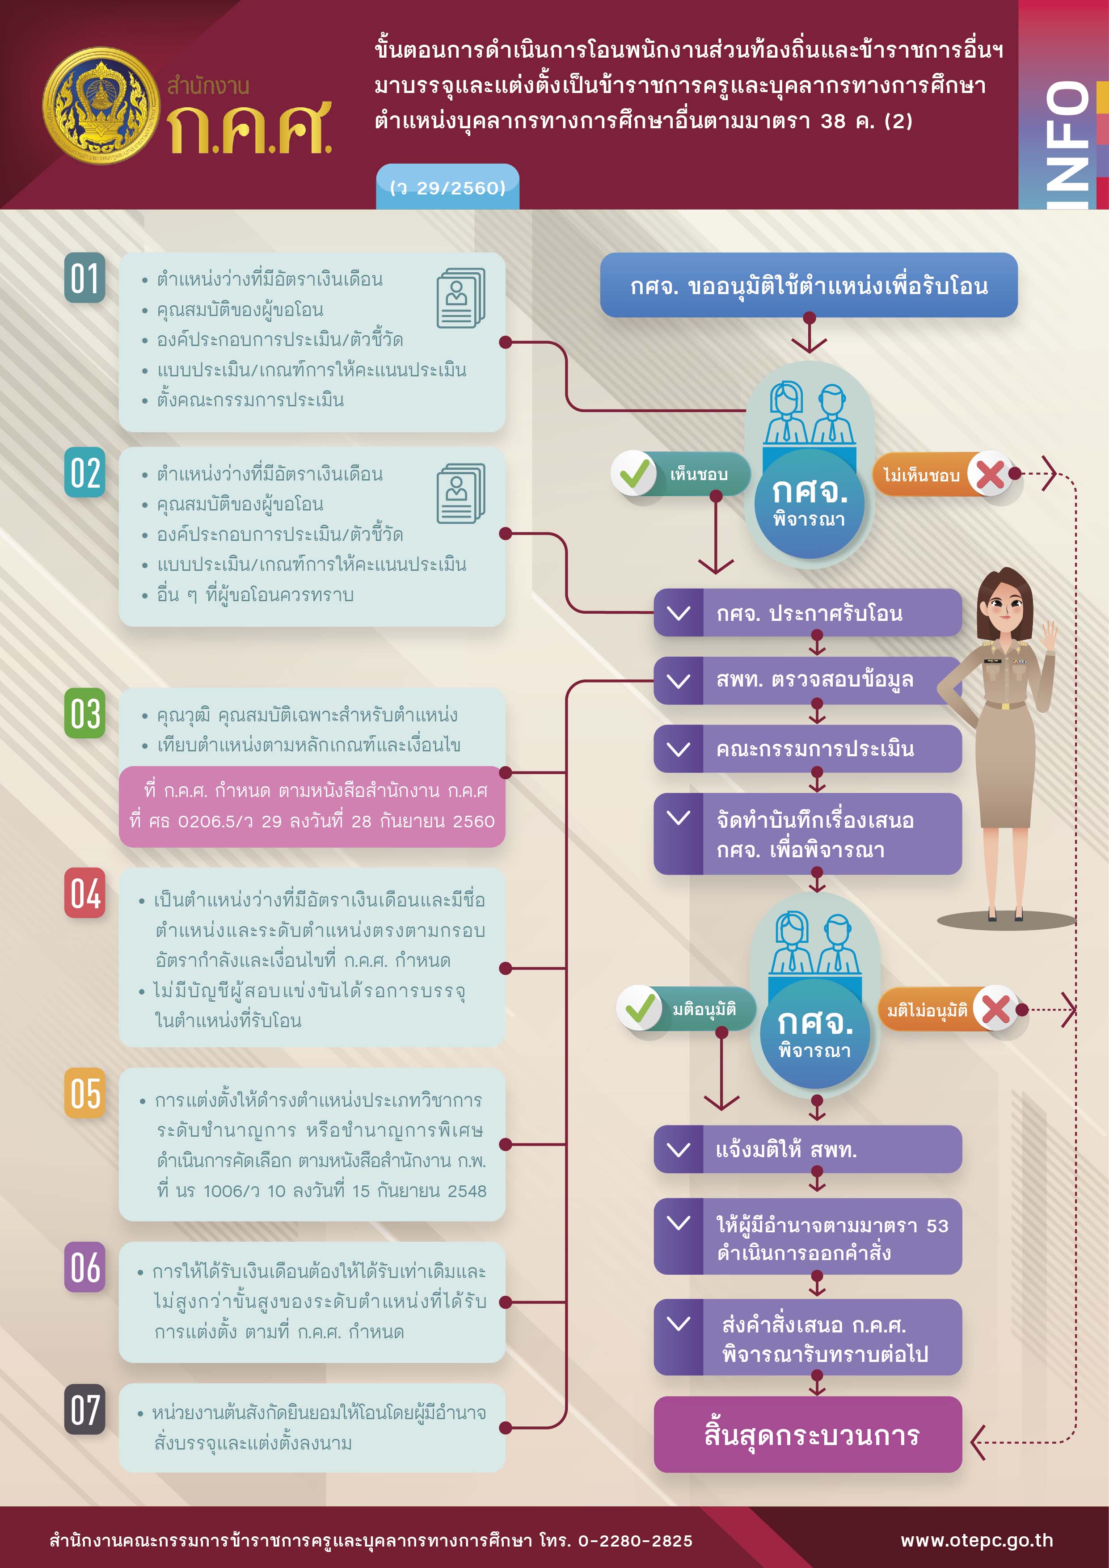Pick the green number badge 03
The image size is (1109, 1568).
pyautogui.click(x=84, y=713)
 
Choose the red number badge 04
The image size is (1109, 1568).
pyautogui.click(x=84, y=893)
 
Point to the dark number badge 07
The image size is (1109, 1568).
pyautogui.click(x=84, y=1409)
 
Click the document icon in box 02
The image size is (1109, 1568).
pyautogui.click(x=461, y=493)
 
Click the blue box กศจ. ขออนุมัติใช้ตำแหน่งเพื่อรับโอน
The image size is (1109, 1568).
pyautogui.click(x=809, y=285)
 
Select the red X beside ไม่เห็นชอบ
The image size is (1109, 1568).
pyautogui.click(x=990, y=473)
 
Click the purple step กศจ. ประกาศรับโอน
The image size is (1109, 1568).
pyautogui.click(x=808, y=613)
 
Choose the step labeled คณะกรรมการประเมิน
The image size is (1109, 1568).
pyautogui.click(x=808, y=749)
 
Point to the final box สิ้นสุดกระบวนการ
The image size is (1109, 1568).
pyautogui.click(x=808, y=1434)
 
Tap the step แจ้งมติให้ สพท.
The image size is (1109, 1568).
pyautogui.click(x=808, y=1149)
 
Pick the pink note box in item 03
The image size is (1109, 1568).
pyautogui.click(x=312, y=806)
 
